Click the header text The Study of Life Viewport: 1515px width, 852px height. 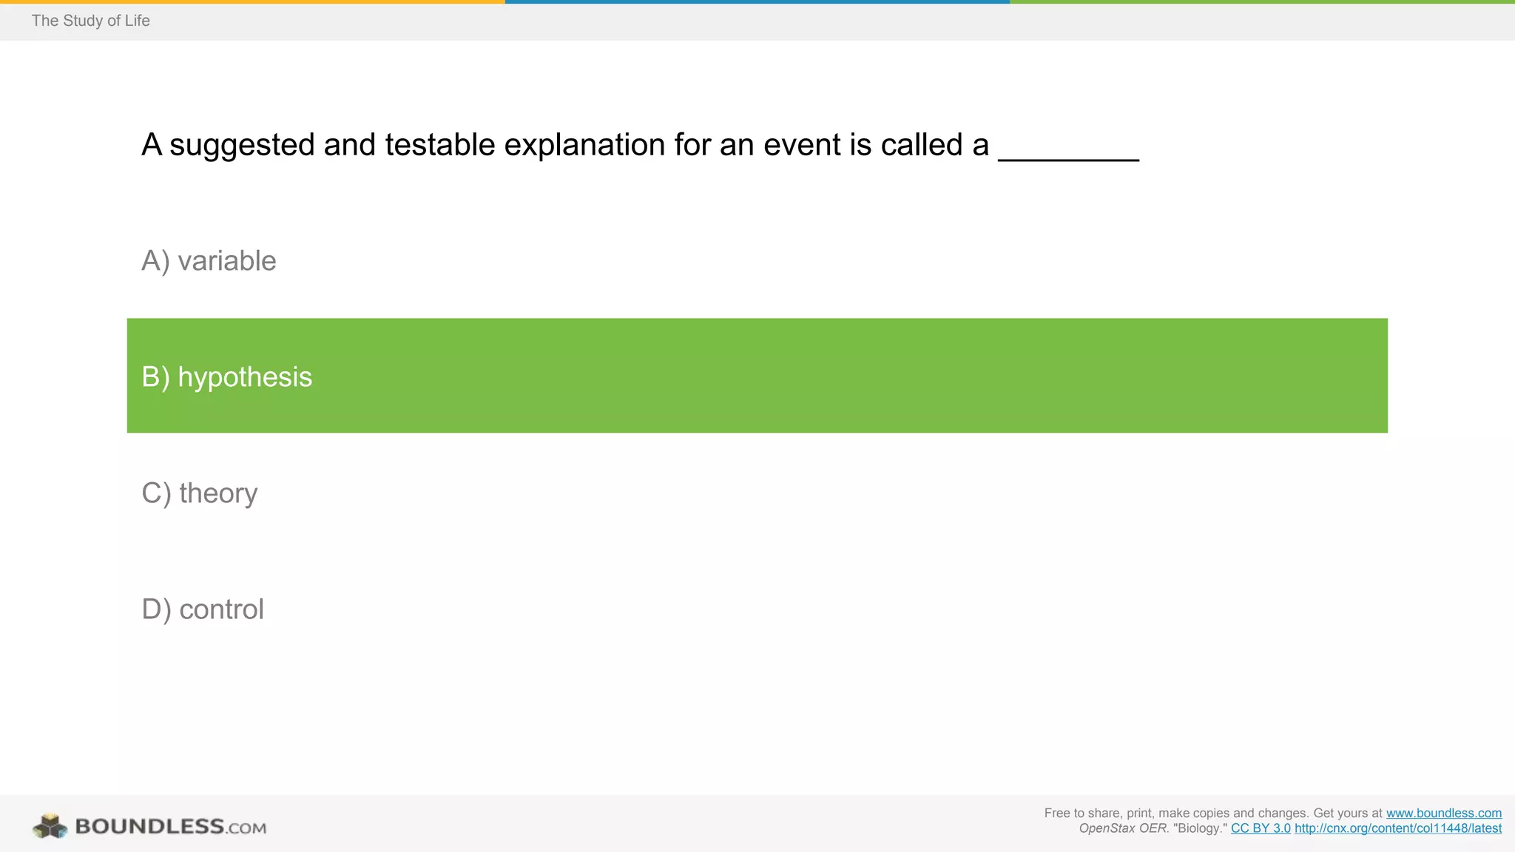point(90,21)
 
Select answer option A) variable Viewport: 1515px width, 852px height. point(209,261)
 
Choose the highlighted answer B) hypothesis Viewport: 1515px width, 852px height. point(226,377)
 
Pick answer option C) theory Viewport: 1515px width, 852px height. point(199,493)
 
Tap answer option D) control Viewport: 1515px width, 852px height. point(202,609)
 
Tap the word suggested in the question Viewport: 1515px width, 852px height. point(242,145)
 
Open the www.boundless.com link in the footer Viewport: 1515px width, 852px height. point(1443,814)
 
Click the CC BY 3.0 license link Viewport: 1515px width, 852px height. point(1261,828)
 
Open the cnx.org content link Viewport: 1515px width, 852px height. point(1397,828)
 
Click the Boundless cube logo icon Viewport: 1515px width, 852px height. point(50,826)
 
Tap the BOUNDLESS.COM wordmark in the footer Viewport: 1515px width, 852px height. point(170,826)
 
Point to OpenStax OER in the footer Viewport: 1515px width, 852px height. point(1122,828)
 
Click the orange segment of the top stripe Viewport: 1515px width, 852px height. point(252,2)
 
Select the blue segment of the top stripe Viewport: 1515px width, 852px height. point(757,2)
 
